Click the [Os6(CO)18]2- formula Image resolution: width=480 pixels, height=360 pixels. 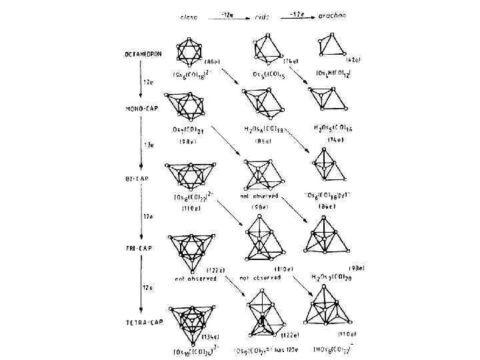pyautogui.click(x=194, y=73)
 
